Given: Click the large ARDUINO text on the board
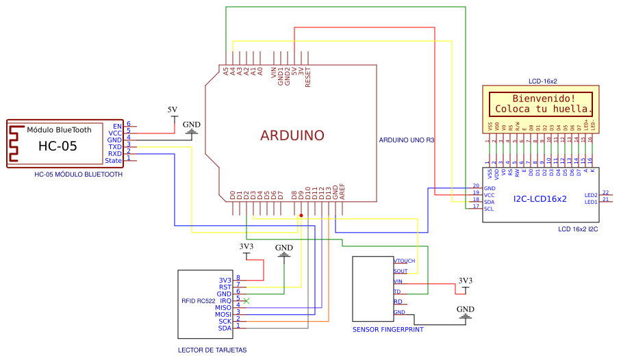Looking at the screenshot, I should tap(292, 136).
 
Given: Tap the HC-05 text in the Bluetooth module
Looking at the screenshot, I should tap(58, 146).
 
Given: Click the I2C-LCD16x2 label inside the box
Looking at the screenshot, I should tap(540, 199).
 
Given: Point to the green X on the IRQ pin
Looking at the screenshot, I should tap(246, 300).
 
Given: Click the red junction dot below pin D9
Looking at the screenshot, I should tap(301, 215).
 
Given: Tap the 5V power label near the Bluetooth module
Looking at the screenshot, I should tap(173, 110).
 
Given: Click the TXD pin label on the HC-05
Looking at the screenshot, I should tap(114, 146).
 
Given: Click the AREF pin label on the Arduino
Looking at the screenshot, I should tap(342, 192).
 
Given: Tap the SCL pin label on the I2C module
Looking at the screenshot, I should tap(489, 209).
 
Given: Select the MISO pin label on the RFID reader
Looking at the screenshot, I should tap(223, 307).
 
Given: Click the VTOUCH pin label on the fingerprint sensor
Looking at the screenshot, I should tap(405, 261).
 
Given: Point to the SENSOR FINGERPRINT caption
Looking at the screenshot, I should tap(388, 330).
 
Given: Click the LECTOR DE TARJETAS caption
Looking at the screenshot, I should tap(212, 350).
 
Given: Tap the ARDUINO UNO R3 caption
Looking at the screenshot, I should tap(407, 140).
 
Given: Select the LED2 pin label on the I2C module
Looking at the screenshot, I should tap(590, 194).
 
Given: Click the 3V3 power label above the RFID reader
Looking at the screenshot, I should tap(246, 246).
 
